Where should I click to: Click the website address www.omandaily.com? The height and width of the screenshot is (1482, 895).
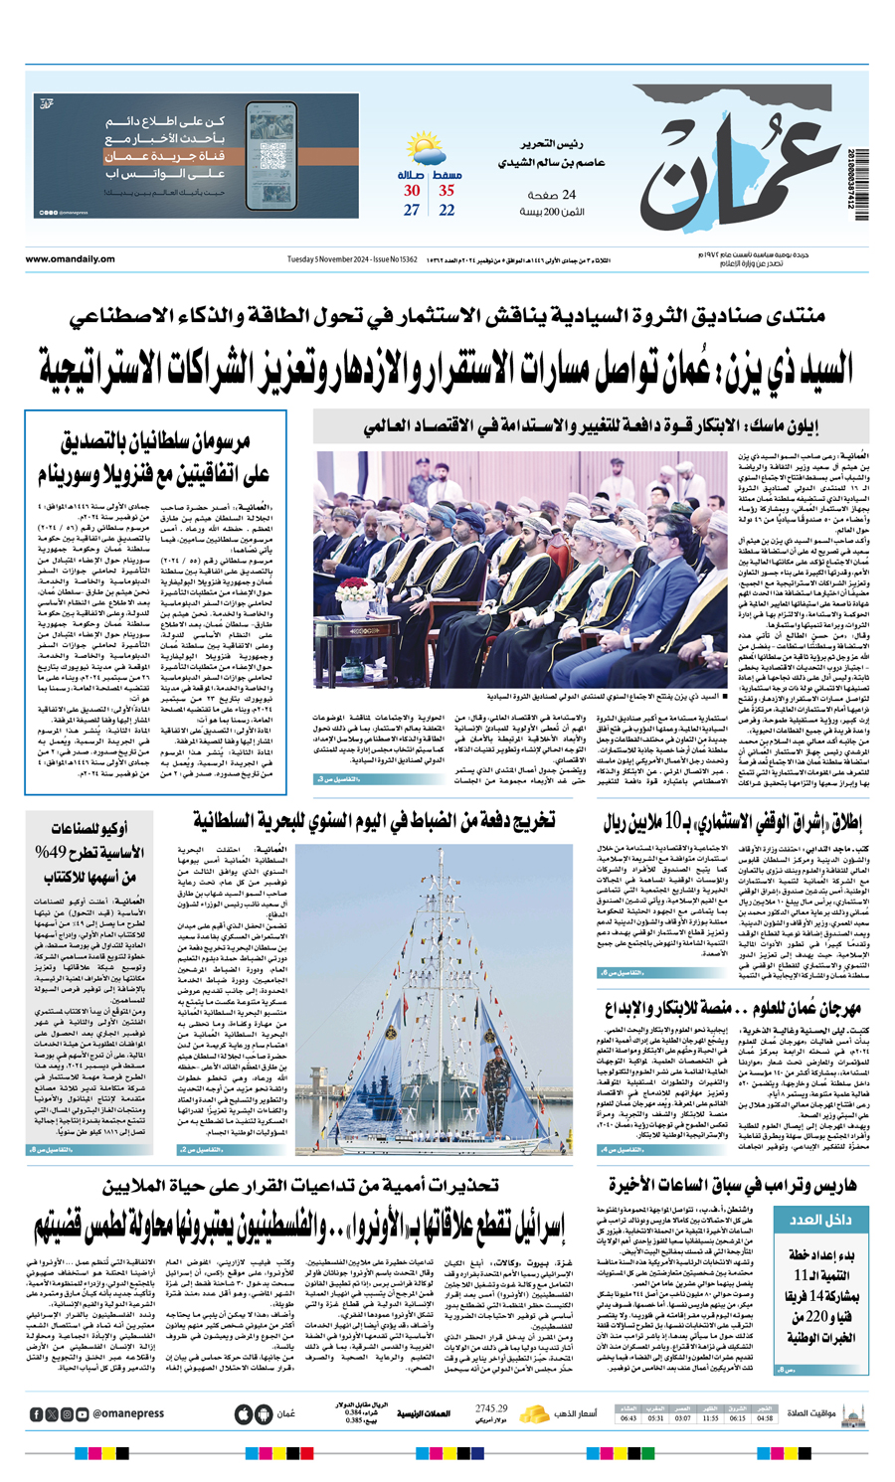(x=70, y=259)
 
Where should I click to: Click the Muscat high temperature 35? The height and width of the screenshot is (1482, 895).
(x=447, y=191)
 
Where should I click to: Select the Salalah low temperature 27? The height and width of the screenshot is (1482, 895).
(x=412, y=211)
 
